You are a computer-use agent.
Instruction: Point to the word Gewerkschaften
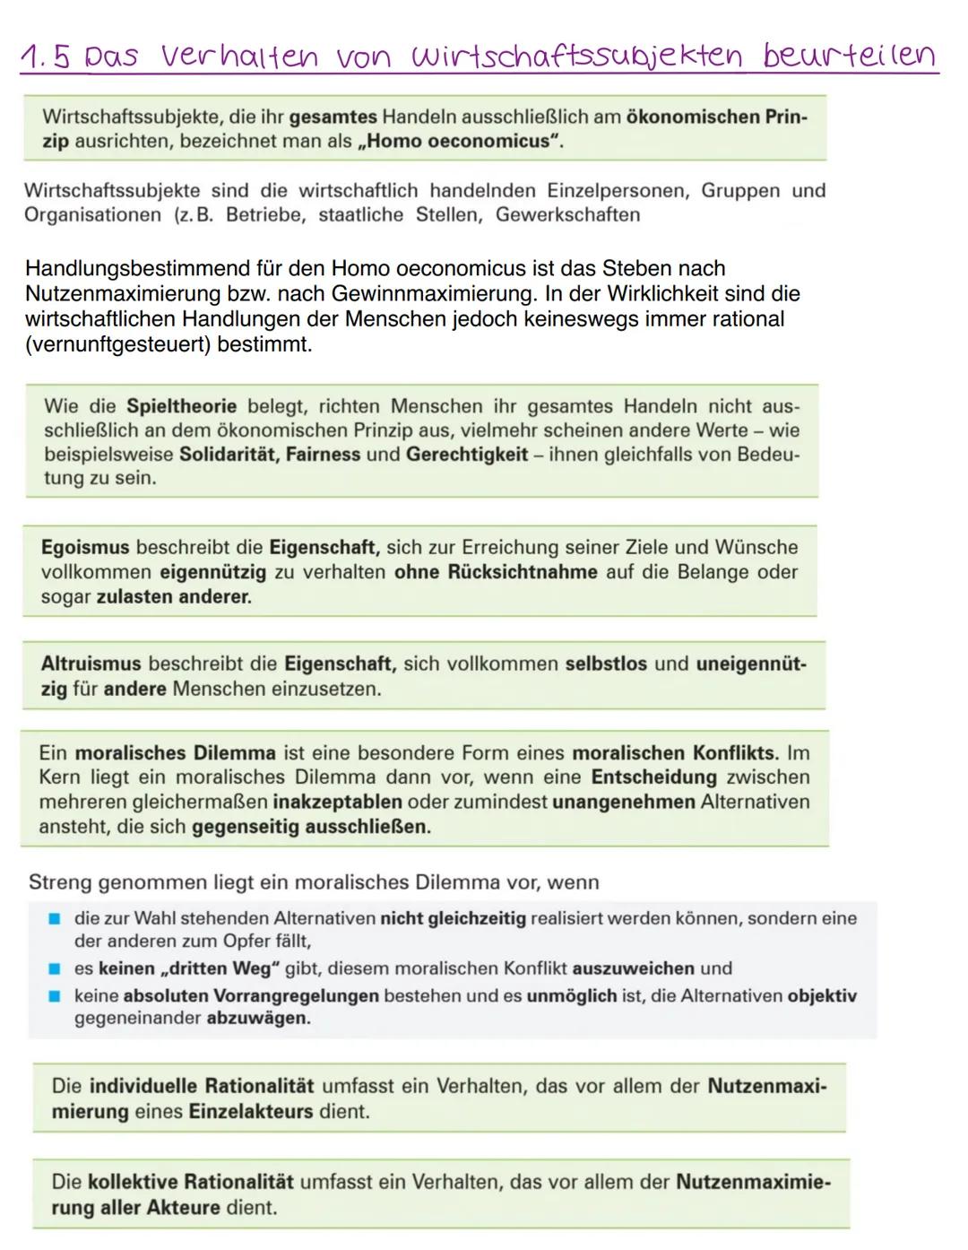(568, 215)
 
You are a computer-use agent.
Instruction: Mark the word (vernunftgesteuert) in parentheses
(117, 345)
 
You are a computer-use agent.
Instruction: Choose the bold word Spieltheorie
(181, 406)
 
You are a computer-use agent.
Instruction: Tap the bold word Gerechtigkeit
(467, 455)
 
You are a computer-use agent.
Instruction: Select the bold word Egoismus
(85, 547)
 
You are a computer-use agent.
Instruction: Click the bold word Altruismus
(91, 664)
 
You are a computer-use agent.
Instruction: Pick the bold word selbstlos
(606, 664)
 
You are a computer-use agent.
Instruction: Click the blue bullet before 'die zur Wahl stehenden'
(54, 918)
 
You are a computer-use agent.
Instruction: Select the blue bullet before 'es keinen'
(54, 968)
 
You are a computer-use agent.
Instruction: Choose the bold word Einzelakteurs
(250, 1112)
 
